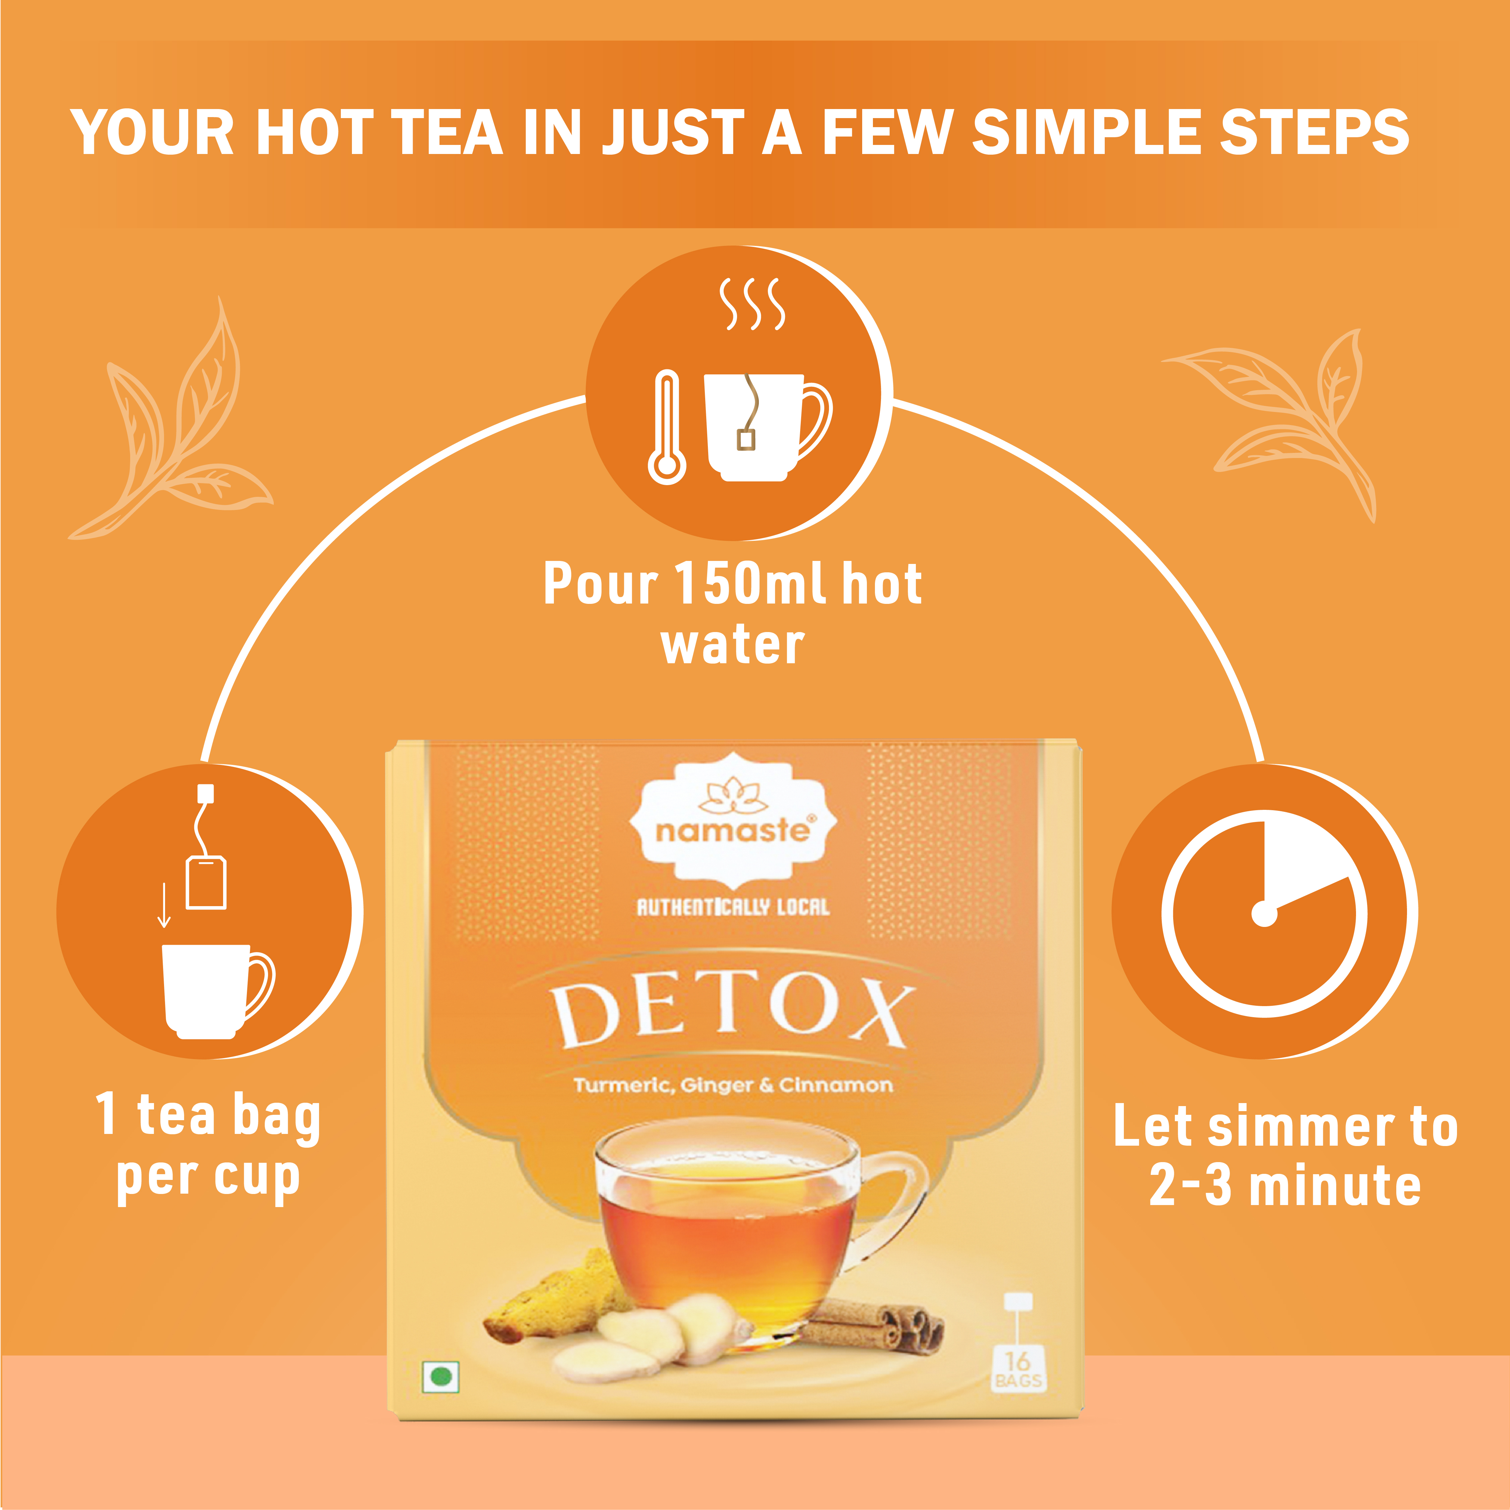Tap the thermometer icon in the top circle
tap(667, 427)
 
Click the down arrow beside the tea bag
tap(164, 905)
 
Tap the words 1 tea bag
tap(208, 1115)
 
